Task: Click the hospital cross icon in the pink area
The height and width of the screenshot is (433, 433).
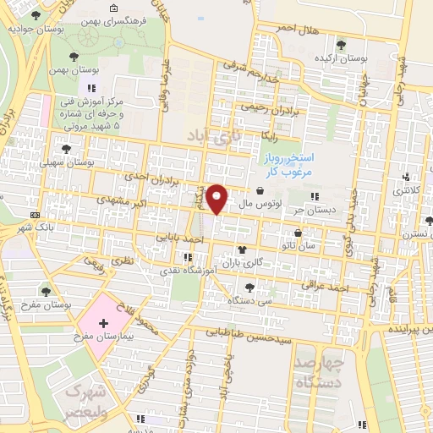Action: (104, 323)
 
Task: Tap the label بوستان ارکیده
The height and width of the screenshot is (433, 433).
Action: (342, 60)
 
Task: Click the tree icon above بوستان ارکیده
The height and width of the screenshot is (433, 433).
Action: (342, 46)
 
